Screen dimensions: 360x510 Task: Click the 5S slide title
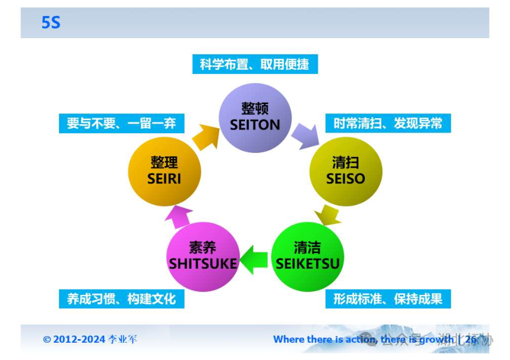51,23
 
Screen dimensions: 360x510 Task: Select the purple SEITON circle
255,117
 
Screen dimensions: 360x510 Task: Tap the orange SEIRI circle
164,171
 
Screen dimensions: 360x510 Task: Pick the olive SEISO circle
346,171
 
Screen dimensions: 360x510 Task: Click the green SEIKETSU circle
308,256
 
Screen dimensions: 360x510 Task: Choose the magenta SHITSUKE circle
203,256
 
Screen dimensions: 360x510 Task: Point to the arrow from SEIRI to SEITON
205,137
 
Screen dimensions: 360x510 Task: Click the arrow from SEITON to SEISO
305,134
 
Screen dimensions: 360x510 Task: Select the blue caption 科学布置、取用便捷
254,64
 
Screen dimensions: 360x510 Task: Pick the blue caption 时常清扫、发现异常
388,124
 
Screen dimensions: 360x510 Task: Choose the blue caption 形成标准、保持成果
388,299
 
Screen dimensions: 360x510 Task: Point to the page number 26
471,340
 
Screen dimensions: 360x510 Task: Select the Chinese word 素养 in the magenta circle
202,248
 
